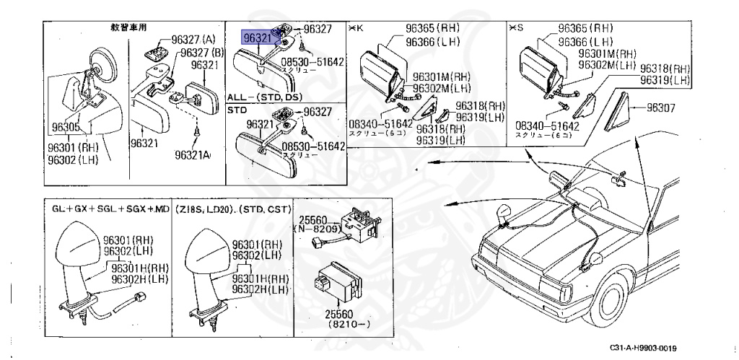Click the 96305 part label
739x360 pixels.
66,128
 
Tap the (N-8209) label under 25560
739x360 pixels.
315,227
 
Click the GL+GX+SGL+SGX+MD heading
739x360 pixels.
110,209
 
